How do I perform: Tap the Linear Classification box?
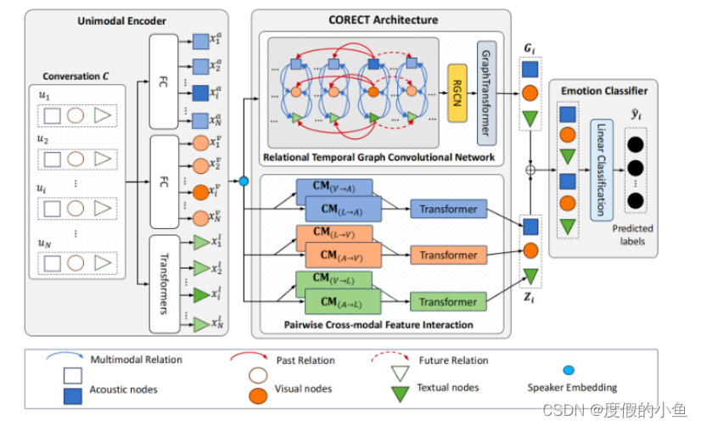(602, 170)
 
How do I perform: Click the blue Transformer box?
(448, 208)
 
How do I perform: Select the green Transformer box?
(448, 301)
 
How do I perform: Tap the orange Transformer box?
(448, 255)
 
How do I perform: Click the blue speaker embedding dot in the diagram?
(244, 181)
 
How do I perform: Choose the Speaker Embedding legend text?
(572, 388)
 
